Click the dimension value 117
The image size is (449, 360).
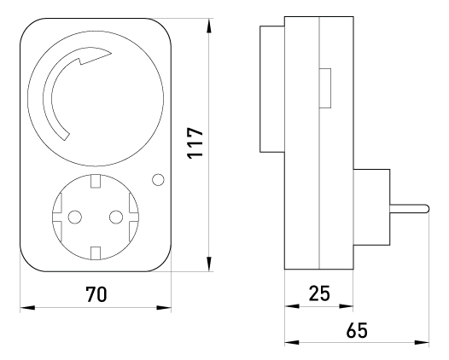coord(195,142)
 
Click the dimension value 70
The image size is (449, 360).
coord(96,294)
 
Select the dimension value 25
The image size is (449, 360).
coord(319,293)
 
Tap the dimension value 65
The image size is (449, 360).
coord(357,330)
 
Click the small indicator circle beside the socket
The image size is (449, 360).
coord(158,180)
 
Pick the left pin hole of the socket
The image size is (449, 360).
coord(75,217)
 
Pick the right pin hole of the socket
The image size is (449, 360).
coord(116,217)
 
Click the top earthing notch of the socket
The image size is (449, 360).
coord(96,181)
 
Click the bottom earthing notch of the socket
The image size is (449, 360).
coord(96,253)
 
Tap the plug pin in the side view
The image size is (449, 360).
coord(409,208)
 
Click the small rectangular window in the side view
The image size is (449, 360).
coord(325,88)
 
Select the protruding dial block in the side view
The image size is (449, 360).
coord(272,89)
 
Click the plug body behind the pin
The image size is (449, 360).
coord(371,207)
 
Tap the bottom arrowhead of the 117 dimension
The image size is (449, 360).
coord(209,264)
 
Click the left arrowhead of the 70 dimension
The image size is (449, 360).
coord(27,308)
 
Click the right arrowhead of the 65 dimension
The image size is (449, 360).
coord(422,342)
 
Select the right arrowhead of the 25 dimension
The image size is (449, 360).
coord(346,306)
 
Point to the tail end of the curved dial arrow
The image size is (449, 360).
coord(65,136)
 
